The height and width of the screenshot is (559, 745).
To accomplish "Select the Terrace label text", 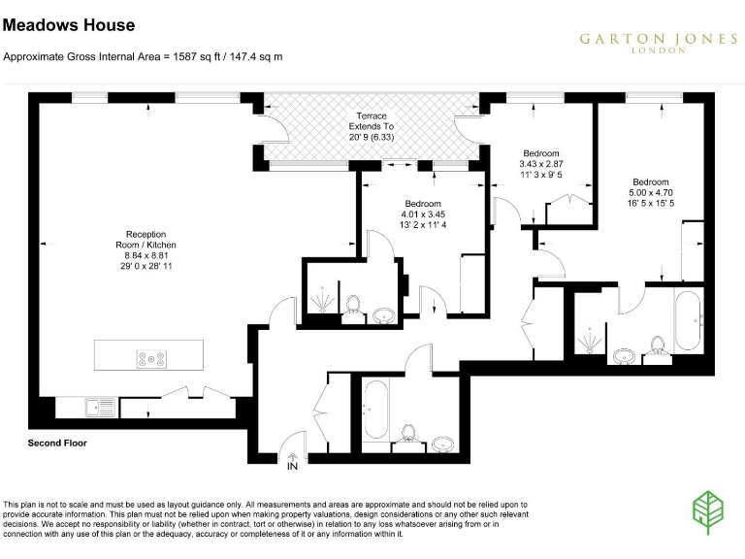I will [x=372, y=115].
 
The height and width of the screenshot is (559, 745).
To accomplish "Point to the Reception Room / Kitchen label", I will [x=146, y=249].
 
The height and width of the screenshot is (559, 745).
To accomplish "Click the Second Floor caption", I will [x=57, y=443].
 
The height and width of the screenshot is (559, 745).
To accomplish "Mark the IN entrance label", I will [x=292, y=467].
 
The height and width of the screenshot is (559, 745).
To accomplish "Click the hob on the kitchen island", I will [x=152, y=358].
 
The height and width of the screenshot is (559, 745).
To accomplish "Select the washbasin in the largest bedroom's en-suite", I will [x=624, y=356].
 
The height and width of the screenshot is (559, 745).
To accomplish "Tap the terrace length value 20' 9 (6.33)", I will [x=372, y=137].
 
